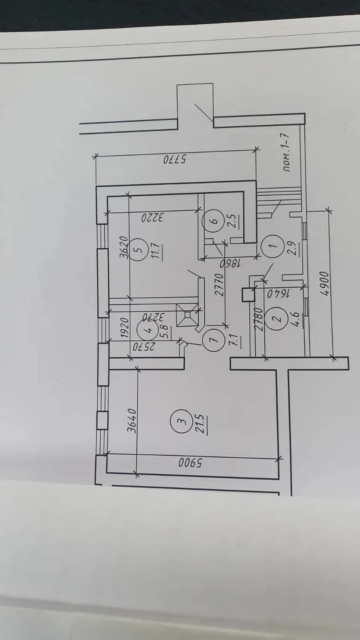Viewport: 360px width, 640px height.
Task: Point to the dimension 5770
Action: click(175, 159)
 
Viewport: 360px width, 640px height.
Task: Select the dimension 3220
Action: click(152, 218)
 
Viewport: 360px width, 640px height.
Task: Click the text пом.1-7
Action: click(286, 152)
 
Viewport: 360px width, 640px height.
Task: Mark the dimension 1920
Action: click(125, 327)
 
